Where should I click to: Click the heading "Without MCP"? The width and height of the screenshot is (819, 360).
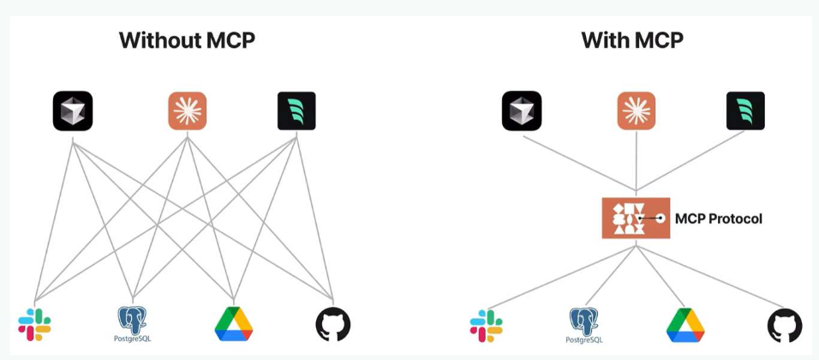point(187,40)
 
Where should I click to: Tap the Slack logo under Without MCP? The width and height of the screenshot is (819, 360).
point(34,325)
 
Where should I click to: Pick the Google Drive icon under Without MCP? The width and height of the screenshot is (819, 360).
point(233,324)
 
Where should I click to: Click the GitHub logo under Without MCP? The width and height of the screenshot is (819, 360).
point(332,325)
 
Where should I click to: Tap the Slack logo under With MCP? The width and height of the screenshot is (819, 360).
point(486,326)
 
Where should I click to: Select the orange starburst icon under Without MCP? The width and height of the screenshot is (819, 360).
point(187,111)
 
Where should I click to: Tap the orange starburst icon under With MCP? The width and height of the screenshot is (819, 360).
point(636,111)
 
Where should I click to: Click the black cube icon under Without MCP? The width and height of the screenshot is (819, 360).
point(73,111)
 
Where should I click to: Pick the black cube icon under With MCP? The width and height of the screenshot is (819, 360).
point(522,111)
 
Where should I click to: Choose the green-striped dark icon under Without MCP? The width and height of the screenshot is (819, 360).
point(296,111)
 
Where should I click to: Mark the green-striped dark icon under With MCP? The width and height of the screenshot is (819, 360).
point(745,111)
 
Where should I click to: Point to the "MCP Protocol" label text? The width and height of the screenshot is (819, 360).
point(718,219)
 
